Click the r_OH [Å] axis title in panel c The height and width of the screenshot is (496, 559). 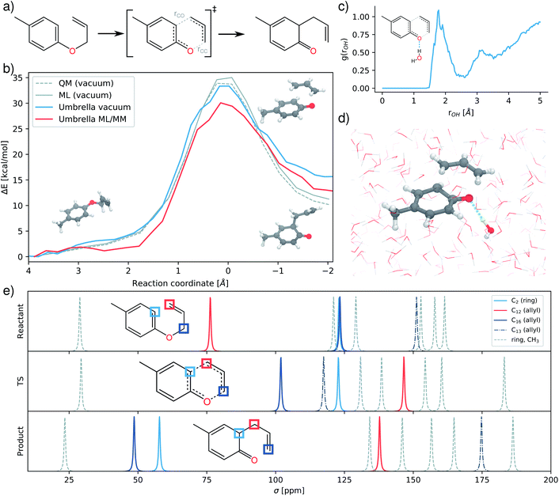tap(462, 112)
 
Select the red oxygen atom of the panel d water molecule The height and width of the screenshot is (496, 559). tap(491, 231)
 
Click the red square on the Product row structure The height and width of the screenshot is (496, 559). tap(254, 424)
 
